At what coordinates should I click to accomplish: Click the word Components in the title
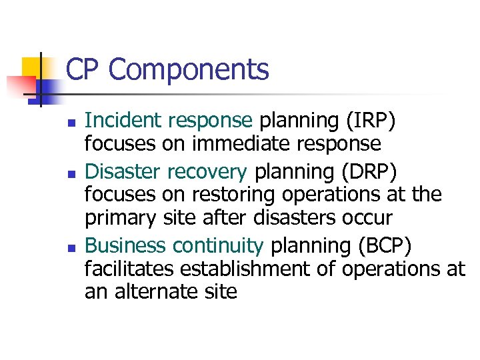pos(189,70)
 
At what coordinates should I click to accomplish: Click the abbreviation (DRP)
pos(369,171)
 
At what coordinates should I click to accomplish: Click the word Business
pos(126,245)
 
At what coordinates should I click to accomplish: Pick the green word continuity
pos(218,246)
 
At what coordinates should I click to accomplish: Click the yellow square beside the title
pos(31,67)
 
